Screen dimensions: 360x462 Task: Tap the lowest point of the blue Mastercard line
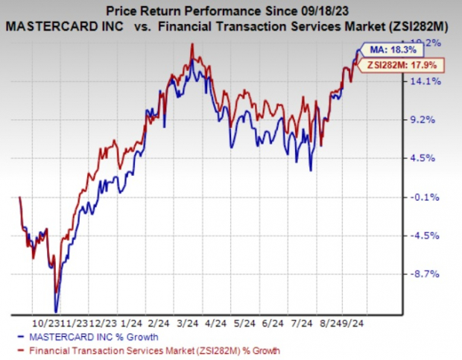(55, 311)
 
